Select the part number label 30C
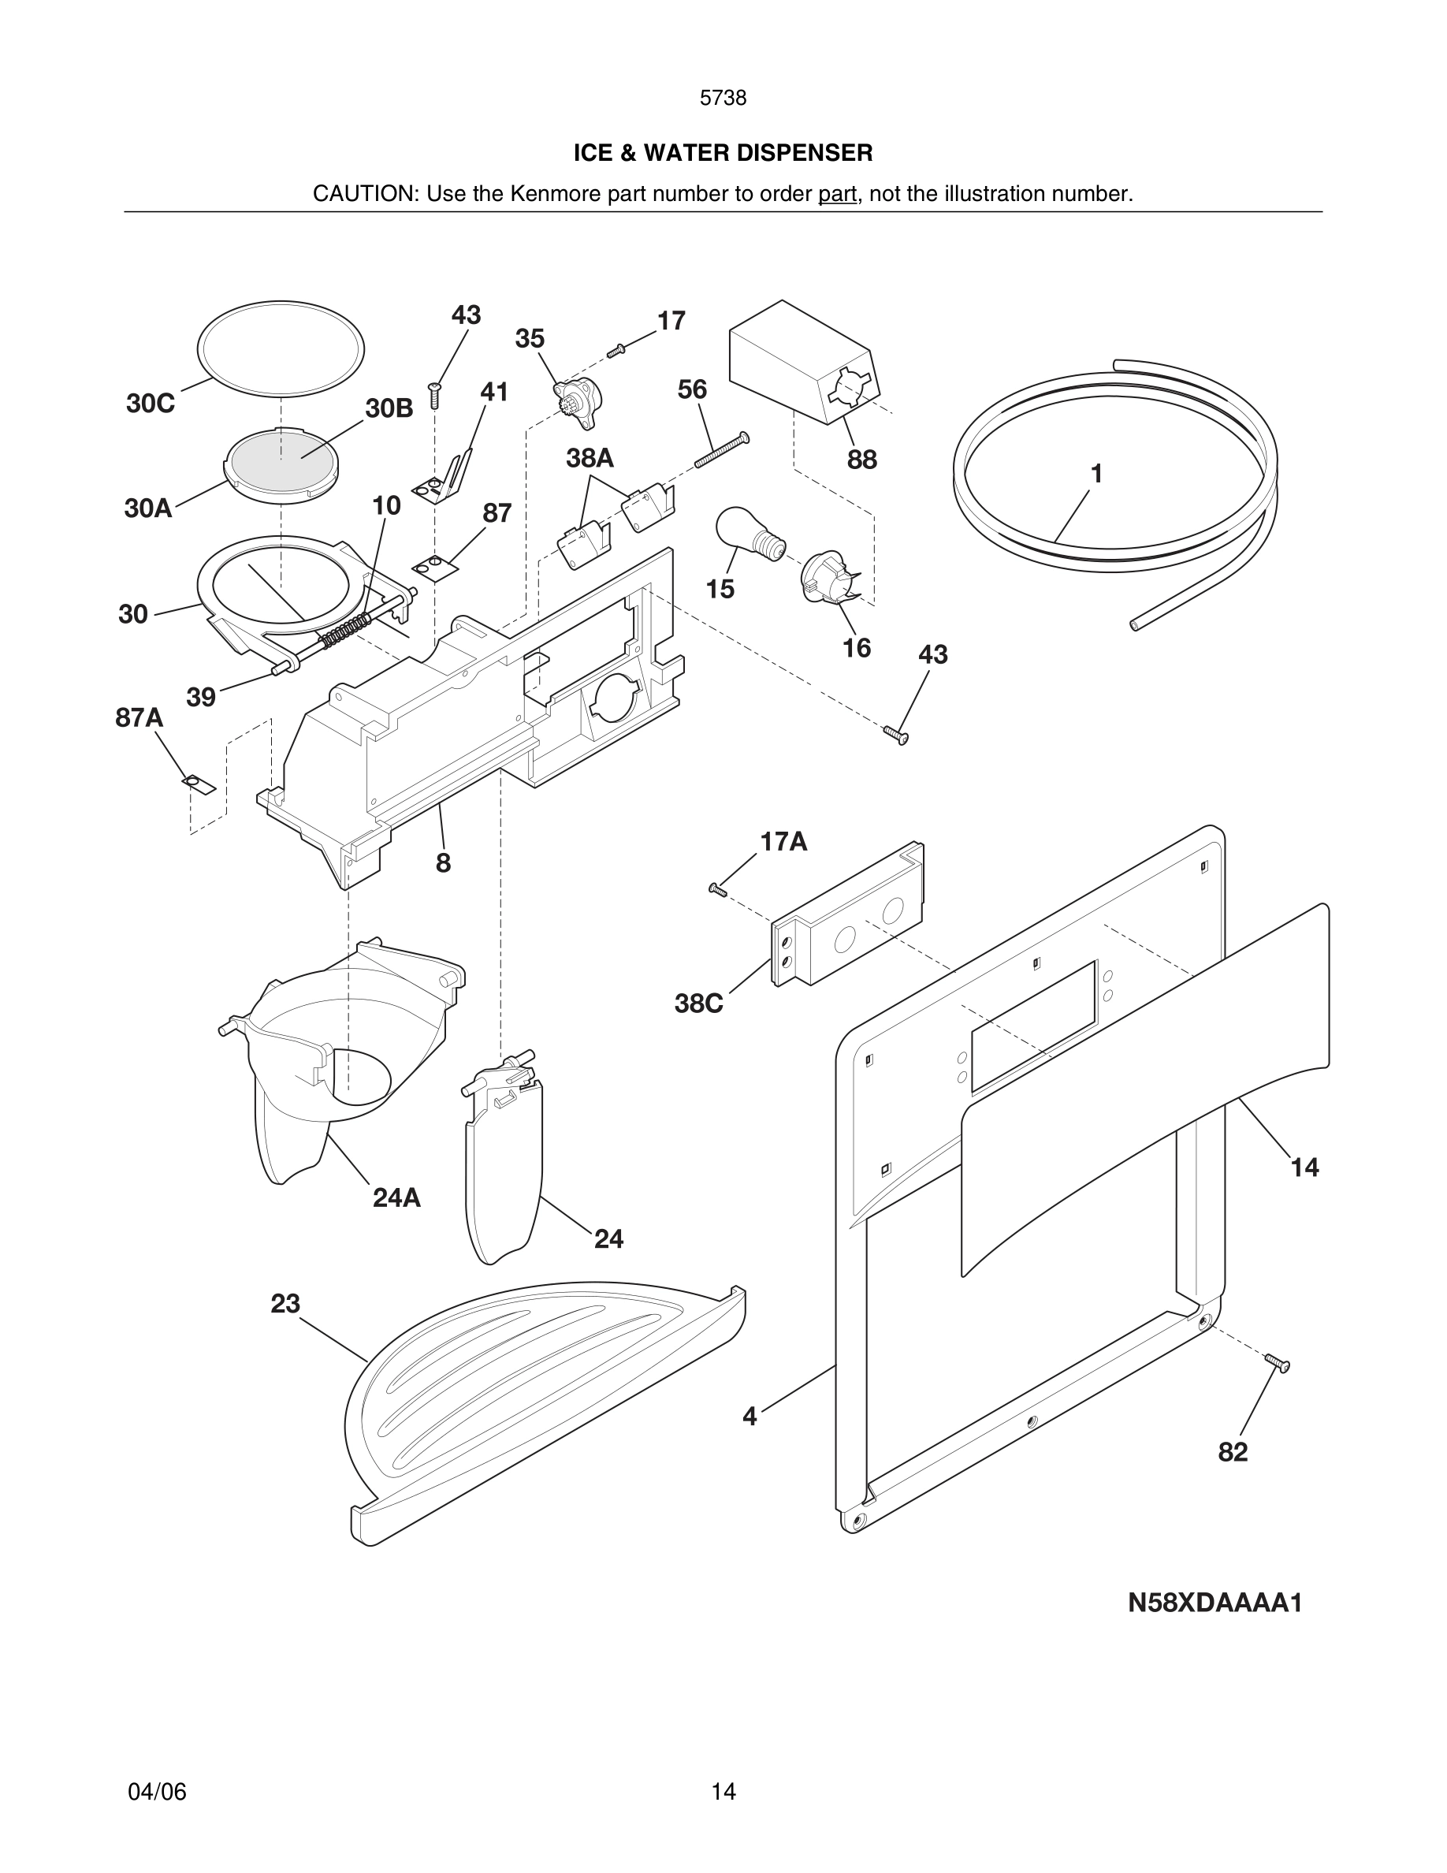click(150, 403)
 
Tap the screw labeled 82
click(1277, 1362)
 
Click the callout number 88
click(861, 460)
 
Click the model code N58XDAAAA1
click(1215, 1602)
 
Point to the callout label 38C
click(698, 1004)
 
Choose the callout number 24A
click(396, 1198)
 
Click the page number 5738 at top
click(723, 99)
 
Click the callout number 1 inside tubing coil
click(1095, 474)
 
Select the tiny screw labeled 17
click(616, 350)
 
